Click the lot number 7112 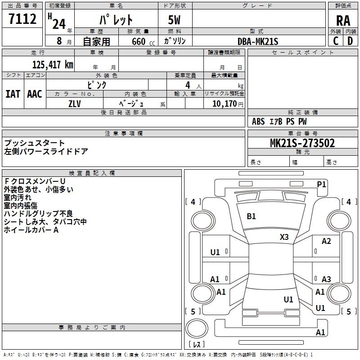(x=22, y=19)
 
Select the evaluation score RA (x=343, y=21)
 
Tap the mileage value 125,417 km (x=53, y=65)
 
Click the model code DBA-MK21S (x=258, y=41)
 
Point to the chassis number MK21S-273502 (x=302, y=143)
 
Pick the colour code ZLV (x=75, y=104)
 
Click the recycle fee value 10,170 (x=225, y=104)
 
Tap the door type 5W (x=174, y=20)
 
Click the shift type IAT (x=13, y=94)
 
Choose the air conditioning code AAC (x=35, y=94)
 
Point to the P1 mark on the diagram (x=321, y=184)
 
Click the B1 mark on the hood (x=251, y=216)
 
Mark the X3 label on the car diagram (x=284, y=237)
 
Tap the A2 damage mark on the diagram (x=326, y=241)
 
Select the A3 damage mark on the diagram (x=326, y=279)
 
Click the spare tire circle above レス (x=197, y=328)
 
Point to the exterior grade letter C (x=336, y=41)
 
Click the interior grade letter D (x=350, y=41)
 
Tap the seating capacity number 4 (x=188, y=85)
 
